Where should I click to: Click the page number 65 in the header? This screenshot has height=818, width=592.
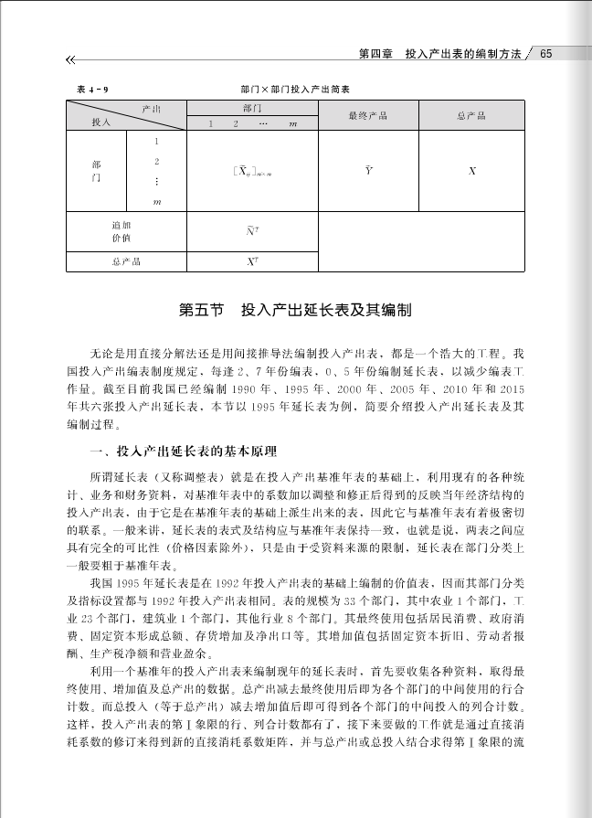546,54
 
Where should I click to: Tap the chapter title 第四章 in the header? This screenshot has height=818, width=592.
376,54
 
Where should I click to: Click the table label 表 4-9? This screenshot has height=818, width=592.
92,90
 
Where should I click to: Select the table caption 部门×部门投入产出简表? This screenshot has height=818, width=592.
296,90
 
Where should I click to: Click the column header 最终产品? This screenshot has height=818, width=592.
368,116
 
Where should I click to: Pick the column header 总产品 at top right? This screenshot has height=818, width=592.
471,116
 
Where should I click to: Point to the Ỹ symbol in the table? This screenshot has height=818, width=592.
368,171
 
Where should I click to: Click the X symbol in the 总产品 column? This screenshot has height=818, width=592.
471,171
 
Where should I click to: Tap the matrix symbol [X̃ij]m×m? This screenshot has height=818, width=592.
251,171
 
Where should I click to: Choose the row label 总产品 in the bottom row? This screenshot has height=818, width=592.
126,261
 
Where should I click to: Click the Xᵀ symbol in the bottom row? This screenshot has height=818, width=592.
251,261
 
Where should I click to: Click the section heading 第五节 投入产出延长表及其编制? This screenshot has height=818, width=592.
295,311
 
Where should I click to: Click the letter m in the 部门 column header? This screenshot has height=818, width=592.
291,123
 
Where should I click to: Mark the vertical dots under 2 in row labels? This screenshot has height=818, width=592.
157,182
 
